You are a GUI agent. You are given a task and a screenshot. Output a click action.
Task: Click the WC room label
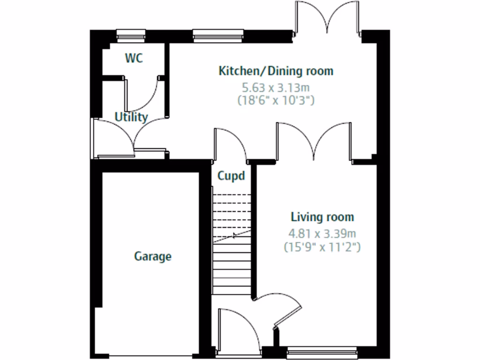tap(134, 58)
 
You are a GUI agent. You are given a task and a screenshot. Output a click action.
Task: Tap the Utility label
tap(132, 117)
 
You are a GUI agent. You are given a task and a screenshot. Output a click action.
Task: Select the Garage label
tap(153, 256)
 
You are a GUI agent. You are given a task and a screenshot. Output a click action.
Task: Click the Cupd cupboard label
tap(231, 176)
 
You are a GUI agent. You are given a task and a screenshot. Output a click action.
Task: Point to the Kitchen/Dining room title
tap(276, 71)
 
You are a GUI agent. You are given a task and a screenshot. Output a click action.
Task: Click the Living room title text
tap(322, 217)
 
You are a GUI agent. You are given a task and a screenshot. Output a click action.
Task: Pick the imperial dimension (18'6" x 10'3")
tap(276, 99)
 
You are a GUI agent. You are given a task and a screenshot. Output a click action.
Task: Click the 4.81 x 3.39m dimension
tap(322, 233)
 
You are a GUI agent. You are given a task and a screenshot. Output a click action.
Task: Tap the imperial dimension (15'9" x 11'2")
tap(322, 247)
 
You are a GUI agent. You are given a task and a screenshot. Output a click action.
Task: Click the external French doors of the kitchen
tap(328, 19)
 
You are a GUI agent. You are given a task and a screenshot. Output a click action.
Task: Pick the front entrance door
tap(239, 328)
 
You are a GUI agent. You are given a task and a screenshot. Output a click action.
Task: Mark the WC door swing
tap(143, 94)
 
